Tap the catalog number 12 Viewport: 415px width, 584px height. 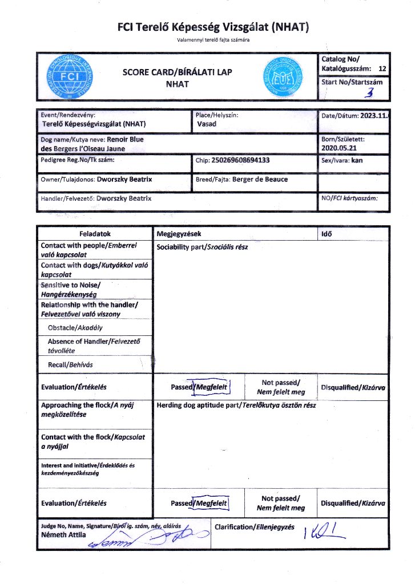[x=382, y=68]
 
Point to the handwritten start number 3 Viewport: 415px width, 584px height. [x=372, y=92]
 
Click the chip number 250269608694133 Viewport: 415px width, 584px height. [x=240, y=160]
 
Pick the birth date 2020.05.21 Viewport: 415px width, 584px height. [x=342, y=149]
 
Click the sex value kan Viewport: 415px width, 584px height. [x=357, y=160]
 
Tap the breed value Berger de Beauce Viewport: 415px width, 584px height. [x=260, y=179]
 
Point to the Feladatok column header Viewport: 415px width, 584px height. [x=95, y=234]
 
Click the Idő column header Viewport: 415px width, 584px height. [x=328, y=234]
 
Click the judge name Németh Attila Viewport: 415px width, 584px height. [x=63, y=535]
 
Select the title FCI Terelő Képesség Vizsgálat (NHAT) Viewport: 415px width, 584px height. [x=212, y=27]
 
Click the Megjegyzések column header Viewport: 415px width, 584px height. [x=179, y=234]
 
